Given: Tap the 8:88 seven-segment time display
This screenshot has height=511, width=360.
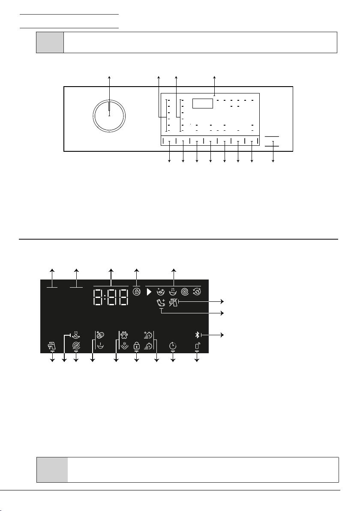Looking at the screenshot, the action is [111, 297].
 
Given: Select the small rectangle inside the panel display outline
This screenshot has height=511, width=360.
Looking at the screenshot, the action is [203, 103].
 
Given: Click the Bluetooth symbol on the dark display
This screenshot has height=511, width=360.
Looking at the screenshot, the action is [197, 335].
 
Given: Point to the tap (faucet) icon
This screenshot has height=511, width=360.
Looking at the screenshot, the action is [52, 346].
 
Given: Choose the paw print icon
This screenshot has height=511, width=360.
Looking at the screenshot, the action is [124, 335].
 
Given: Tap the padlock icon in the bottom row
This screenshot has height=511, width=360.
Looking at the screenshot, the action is [137, 346].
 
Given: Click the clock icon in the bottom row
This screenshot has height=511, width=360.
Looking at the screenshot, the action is [173, 346].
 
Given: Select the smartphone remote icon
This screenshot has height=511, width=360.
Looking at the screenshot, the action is [197, 346].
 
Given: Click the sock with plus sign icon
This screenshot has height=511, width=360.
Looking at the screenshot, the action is [161, 303].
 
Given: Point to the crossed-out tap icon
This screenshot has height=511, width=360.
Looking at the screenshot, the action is [173, 303].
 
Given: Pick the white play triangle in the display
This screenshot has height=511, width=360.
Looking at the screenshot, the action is [149, 292].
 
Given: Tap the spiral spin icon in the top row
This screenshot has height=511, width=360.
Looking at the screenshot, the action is [185, 292].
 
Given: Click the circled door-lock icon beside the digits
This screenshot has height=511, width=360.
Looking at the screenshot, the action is [137, 292].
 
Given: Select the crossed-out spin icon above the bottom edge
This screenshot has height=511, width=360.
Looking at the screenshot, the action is [76, 346].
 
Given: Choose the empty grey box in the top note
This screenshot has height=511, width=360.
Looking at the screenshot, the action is [50, 42].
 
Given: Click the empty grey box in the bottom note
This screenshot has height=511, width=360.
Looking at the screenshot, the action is [52, 469].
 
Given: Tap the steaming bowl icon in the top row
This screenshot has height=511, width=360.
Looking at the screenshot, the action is [173, 292].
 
